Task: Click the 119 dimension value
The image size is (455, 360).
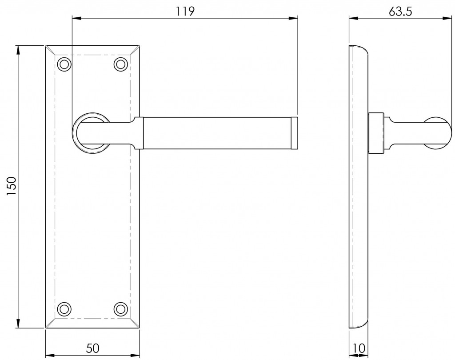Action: click(x=185, y=11)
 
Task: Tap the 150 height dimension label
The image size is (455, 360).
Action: click(x=12, y=186)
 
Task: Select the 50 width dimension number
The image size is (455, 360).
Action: click(x=92, y=348)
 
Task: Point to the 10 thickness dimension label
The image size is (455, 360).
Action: click(x=359, y=348)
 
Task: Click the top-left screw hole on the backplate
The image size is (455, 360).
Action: click(x=64, y=64)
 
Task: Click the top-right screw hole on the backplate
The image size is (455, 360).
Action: click(x=121, y=64)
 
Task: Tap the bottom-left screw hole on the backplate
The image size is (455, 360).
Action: click(x=64, y=309)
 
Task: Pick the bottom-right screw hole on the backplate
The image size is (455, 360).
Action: click(x=121, y=309)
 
